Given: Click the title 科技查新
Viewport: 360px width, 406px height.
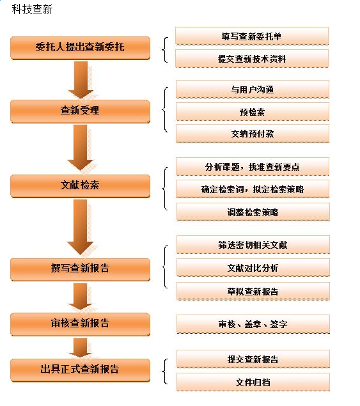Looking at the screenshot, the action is (x=32, y=10).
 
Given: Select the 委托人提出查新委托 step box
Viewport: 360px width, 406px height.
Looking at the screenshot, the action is (x=81, y=48).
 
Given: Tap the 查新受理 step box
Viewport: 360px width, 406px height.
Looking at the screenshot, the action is (x=81, y=111).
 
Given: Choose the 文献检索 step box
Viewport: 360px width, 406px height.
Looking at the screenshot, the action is (x=81, y=186).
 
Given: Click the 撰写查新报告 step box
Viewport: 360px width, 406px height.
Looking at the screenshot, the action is (x=81, y=269).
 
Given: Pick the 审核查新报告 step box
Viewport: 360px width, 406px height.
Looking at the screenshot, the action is (x=81, y=324).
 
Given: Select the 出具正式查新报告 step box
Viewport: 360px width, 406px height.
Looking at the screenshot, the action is (x=81, y=370).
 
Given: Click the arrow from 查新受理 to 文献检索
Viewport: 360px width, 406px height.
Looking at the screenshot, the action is (x=81, y=148).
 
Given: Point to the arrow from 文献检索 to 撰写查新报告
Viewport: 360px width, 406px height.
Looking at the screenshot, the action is (x=81, y=227).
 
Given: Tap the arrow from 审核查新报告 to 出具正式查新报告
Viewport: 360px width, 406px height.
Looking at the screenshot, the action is (x=81, y=348).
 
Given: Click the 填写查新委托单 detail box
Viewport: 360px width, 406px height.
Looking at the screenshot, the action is (x=252, y=36).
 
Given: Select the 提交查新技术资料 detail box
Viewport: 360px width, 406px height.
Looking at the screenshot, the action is (x=252, y=59).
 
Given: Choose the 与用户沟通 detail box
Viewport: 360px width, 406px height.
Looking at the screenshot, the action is (x=253, y=90).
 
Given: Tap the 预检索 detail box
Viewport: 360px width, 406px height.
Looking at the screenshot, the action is (x=253, y=112).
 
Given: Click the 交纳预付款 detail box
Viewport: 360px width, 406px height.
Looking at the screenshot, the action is (x=253, y=134).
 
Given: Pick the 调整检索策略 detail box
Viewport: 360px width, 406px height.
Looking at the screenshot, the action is (x=253, y=212).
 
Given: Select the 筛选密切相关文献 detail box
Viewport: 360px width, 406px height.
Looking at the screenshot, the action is (x=253, y=245).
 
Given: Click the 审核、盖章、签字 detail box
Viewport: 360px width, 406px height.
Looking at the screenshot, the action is (x=253, y=324).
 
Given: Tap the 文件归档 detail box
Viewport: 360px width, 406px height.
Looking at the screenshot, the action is (x=253, y=382).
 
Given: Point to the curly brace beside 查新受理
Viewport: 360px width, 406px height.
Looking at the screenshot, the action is (x=164, y=110).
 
